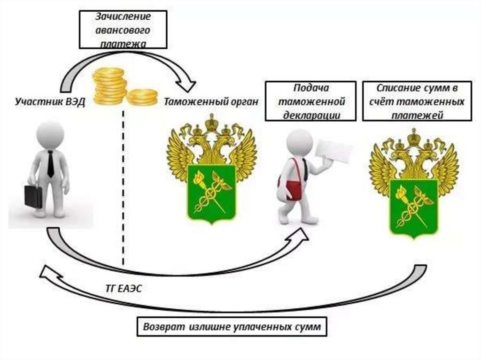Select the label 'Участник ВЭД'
click(x=49, y=102)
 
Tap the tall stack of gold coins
click(x=109, y=86)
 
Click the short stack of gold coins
click(x=142, y=97)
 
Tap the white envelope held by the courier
click(x=334, y=151)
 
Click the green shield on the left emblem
click(x=211, y=193)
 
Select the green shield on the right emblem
click(x=414, y=207)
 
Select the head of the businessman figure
click(x=50, y=134)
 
